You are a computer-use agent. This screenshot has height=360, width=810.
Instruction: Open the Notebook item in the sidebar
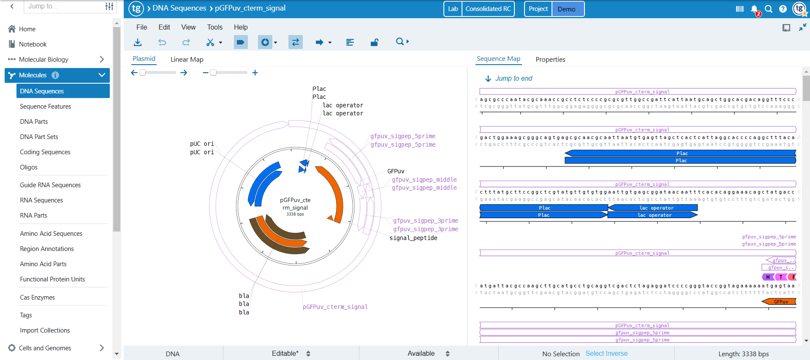coord(33,44)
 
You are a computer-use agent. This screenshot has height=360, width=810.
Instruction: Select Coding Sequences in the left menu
coord(45,152)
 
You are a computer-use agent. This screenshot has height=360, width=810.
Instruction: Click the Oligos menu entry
coord(29,167)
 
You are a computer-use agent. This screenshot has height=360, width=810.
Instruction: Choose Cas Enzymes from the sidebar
coord(37,297)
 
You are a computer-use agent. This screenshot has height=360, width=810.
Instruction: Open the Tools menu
coord(215,27)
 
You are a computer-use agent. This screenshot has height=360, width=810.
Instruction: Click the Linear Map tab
coord(187,60)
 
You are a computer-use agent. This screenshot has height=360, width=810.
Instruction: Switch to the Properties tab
coord(550,60)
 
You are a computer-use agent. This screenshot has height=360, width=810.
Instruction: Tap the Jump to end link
coord(513,79)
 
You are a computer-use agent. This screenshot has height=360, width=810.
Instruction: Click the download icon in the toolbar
coord(138,42)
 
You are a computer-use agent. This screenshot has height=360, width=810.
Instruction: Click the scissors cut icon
coord(210,42)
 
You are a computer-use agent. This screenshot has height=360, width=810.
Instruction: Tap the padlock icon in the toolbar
coord(374,42)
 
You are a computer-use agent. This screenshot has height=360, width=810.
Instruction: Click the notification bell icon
coord(754,9)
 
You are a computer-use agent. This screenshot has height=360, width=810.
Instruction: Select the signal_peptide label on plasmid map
coord(413,238)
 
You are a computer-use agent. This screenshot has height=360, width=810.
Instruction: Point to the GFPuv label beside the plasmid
coord(396,171)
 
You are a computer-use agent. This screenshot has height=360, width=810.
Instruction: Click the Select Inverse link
coord(606,354)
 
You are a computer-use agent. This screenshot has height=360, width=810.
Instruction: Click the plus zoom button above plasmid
coord(255,73)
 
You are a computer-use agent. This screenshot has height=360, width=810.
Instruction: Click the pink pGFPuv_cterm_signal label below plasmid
coord(335,307)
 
